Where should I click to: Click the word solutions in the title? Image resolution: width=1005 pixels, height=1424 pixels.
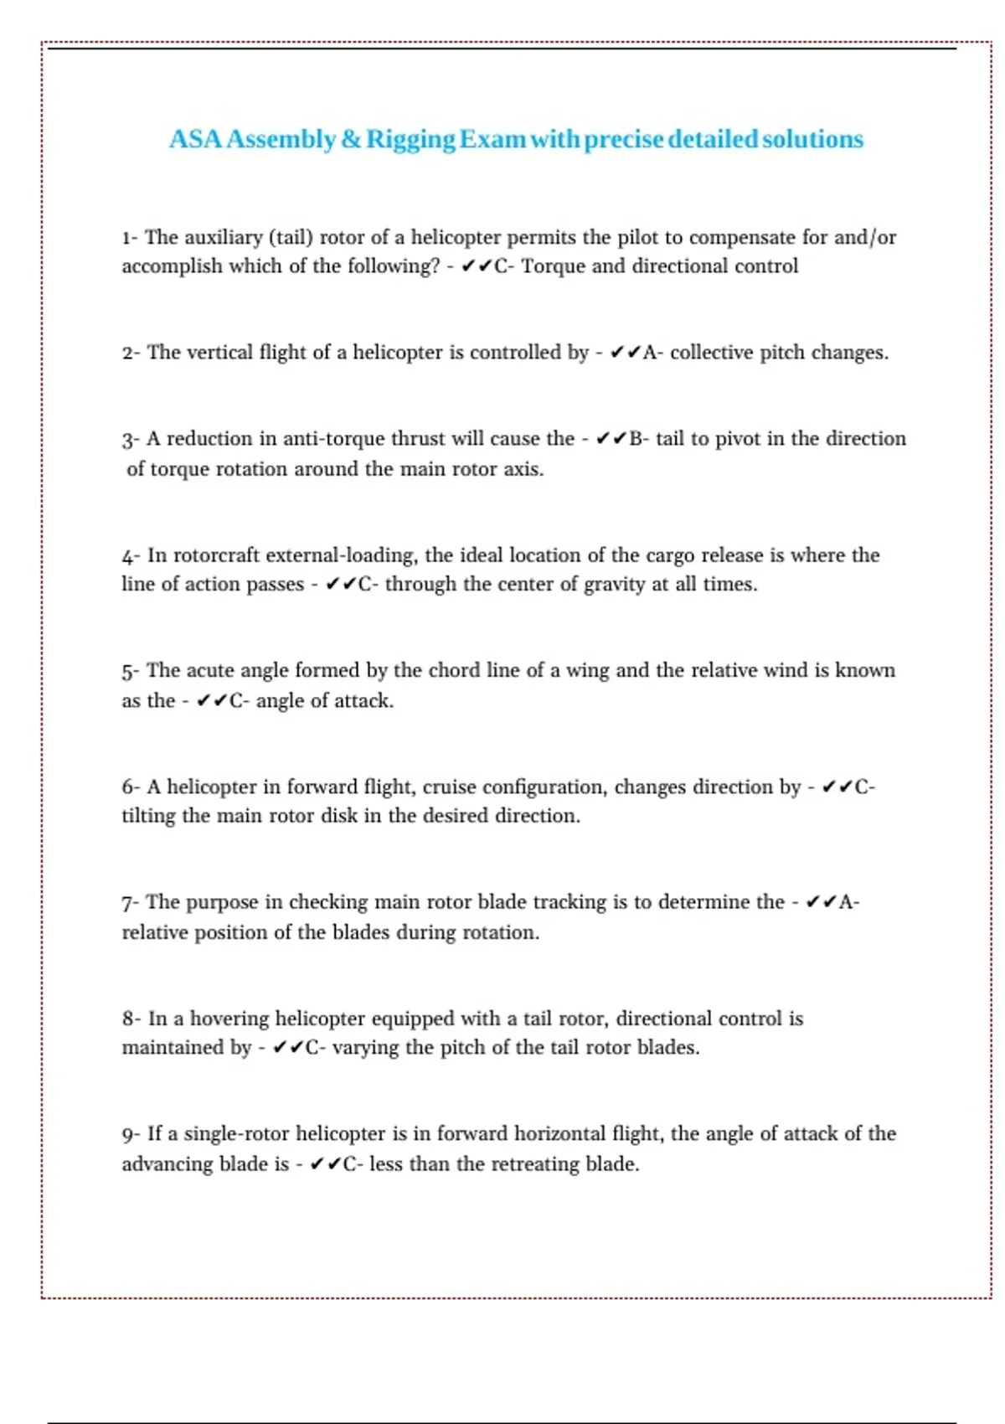(812, 139)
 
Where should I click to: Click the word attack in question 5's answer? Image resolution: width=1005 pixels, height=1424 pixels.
(365, 700)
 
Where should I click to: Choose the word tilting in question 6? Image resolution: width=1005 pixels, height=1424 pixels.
(148, 816)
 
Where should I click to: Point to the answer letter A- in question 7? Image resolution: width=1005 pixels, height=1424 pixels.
(848, 902)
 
